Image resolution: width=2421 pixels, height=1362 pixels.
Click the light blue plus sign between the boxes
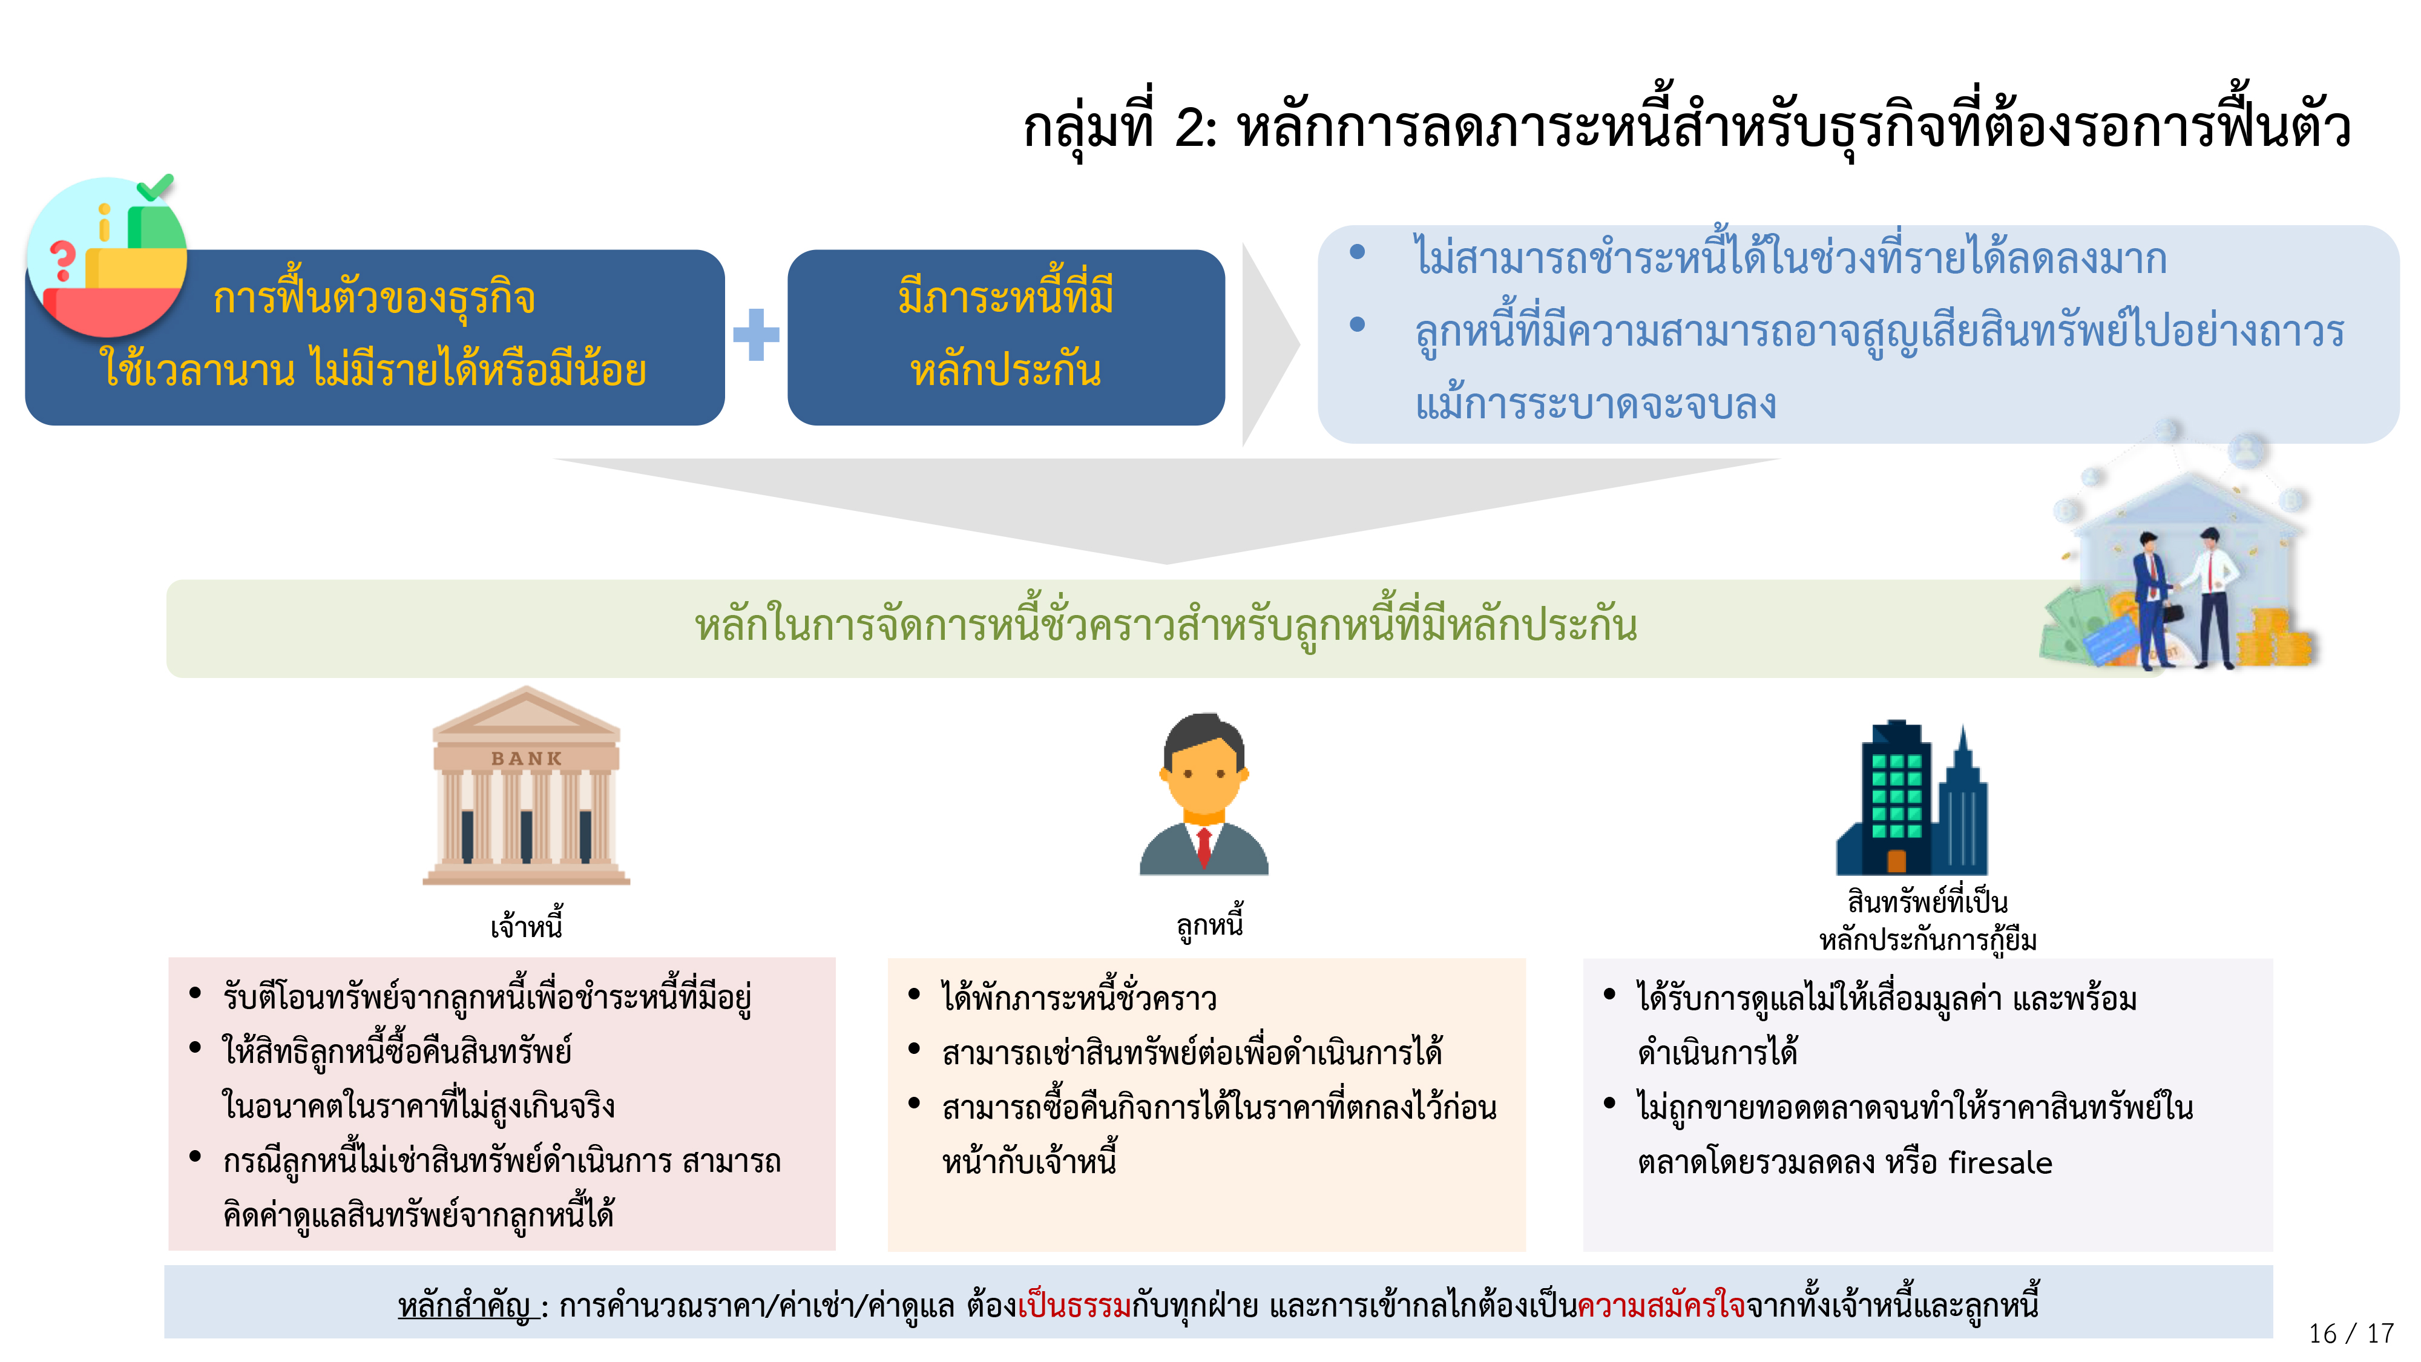tap(757, 335)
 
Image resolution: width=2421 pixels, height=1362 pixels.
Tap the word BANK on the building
tap(527, 758)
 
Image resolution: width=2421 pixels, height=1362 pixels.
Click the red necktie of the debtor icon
tap(1204, 847)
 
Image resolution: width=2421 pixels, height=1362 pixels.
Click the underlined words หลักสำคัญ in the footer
tap(465, 1306)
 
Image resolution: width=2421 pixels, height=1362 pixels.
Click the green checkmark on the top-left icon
tap(156, 187)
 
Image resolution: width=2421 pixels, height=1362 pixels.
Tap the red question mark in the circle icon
tap(62, 260)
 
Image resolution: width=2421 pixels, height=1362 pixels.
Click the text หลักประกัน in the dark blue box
tap(1005, 371)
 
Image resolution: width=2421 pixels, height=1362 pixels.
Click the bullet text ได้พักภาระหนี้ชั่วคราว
tap(1079, 998)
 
